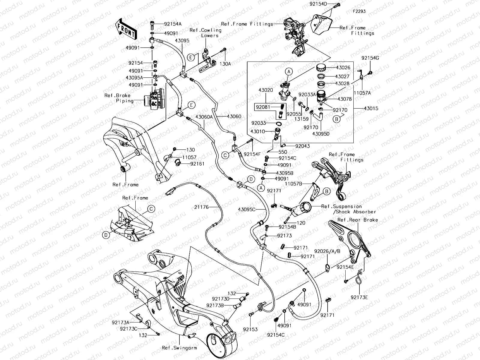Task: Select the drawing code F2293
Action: click(x=359, y=11)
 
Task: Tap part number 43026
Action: click(x=343, y=68)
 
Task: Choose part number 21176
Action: click(x=202, y=207)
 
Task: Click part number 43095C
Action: click(x=247, y=209)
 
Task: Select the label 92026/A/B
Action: click(x=327, y=251)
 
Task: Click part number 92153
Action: click(x=250, y=329)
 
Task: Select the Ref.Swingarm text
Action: click(x=179, y=348)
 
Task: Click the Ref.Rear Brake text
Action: click(x=358, y=220)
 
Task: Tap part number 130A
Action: click(x=225, y=64)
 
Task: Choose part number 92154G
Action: click(x=370, y=58)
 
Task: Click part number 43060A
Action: click(x=204, y=117)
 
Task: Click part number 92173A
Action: click(x=120, y=322)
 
